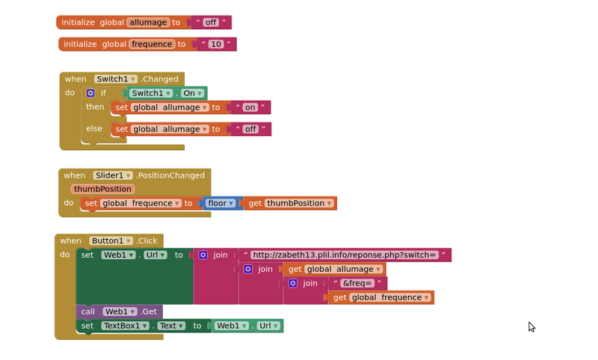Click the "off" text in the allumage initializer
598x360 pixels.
tap(211, 22)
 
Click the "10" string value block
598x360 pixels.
tap(216, 44)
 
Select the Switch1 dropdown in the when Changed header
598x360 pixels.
tap(116, 78)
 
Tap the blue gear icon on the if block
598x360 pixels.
tap(90, 93)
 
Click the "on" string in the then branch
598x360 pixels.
tap(250, 108)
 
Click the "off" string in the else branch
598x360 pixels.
tap(250, 129)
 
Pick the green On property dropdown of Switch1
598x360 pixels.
tap(191, 93)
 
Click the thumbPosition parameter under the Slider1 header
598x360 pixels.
tap(103, 189)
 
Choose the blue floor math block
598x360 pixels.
tap(221, 203)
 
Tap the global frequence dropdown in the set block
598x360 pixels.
tap(142, 203)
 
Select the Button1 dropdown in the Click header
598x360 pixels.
tap(111, 240)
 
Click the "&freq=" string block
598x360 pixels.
tap(358, 284)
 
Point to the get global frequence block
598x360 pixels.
tap(380, 297)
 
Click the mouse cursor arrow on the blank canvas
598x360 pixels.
tap(531, 326)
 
